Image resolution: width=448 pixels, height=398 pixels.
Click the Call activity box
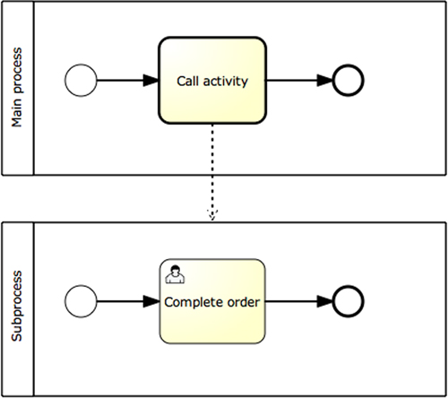[x=212, y=81]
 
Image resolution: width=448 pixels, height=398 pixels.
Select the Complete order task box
[x=212, y=301]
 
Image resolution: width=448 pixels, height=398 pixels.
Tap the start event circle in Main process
[x=81, y=81]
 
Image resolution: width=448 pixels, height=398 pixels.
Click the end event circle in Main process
[x=348, y=81]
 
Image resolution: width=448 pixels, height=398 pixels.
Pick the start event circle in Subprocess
[x=81, y=301]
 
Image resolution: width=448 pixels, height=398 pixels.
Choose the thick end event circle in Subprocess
[x=348, y=301]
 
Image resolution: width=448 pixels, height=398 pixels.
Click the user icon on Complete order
[x=175, y=274]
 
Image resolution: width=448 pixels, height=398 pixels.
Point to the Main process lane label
[x=17, y=87]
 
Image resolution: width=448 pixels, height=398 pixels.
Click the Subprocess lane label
[x=17, y=306]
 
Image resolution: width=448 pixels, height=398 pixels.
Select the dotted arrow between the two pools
[x=212, y=173]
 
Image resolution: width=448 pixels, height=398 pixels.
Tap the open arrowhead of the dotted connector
[x=212, y=215]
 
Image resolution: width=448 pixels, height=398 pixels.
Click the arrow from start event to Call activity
[x=128, y=81]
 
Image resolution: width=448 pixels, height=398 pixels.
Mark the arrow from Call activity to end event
[x=299, y=81]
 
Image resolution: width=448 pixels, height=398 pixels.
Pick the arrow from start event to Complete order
[x=128, y=301]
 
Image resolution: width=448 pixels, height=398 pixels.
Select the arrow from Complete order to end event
[x=298, y=301]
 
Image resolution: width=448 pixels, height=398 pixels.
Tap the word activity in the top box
[x=226, y=82]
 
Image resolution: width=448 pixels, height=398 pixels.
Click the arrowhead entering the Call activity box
[x=151, y=81]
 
